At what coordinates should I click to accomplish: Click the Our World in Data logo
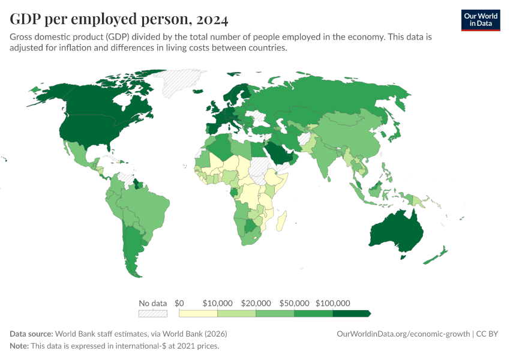[480, 20]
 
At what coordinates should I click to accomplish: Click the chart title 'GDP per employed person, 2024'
[119, 19]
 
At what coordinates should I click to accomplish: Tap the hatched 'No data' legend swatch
[152, 313]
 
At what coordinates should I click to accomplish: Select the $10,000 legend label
[217, 303]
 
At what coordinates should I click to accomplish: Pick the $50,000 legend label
[293, 303]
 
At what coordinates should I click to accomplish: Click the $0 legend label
[179, 303]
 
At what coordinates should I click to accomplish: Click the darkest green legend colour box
[350, 313]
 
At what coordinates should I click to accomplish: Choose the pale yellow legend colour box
[198, 313]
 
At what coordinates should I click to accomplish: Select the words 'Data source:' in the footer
[31, 334]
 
